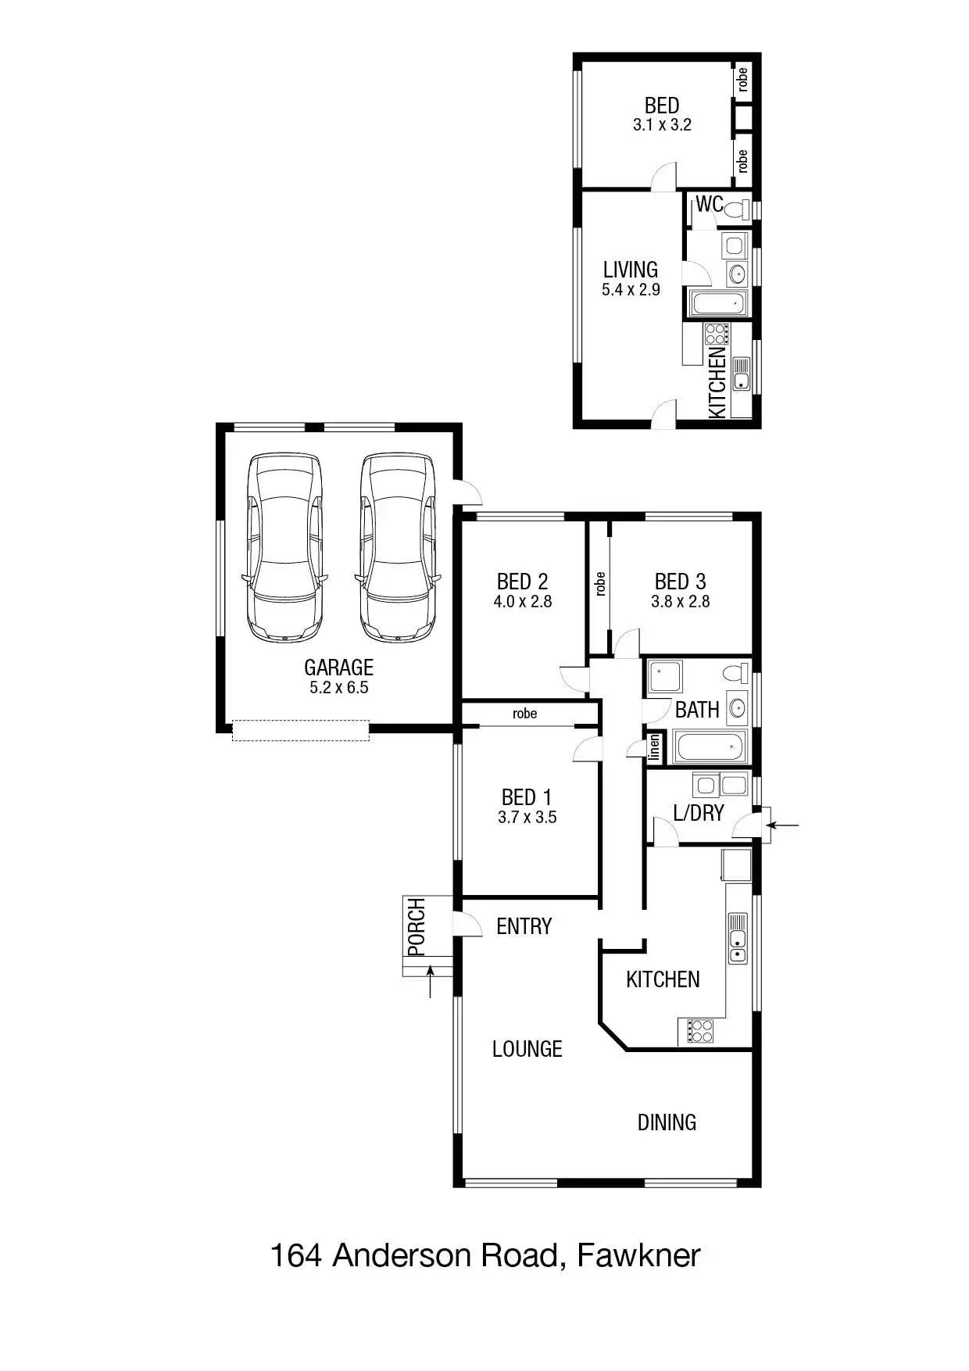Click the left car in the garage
click(284, 547)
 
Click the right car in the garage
click(397, 547)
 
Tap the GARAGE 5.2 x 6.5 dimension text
click(338, 688)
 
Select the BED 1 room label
click(527, 797)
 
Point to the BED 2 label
click(522, 582)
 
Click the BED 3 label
click(680, 582)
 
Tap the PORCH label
click(417, 927)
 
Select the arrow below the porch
click(430, 983)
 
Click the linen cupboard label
click(655, 748)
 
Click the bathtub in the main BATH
click(710, 746)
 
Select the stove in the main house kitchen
click(699, 1031)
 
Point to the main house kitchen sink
click(738, 938)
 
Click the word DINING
click(667, 1122)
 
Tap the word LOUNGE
click(527, 1049)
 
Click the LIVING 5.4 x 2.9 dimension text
click(631, 290)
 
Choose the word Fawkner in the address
click(638, 1256)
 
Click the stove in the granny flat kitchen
click(717, 334)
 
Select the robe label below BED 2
click(524, 714)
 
